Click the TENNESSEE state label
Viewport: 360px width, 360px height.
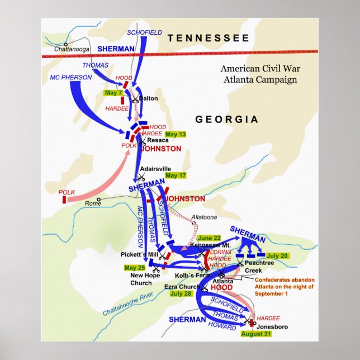(x=209, y=38)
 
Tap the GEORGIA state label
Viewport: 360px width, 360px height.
(x=226, y=120)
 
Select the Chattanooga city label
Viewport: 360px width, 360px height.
(x=72, y=49)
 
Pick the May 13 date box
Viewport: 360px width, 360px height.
(x=175, y=135)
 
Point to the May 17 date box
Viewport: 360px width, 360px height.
(x=175, y=175)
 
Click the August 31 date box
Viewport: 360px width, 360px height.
(x=257, y=334)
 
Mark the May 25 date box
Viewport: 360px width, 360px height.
(x=135, y=267)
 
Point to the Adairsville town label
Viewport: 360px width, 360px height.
(x=154, y=168)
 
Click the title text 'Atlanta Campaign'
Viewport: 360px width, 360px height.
(x=258, y=79)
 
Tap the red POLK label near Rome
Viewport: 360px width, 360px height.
(x=67, y=192)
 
